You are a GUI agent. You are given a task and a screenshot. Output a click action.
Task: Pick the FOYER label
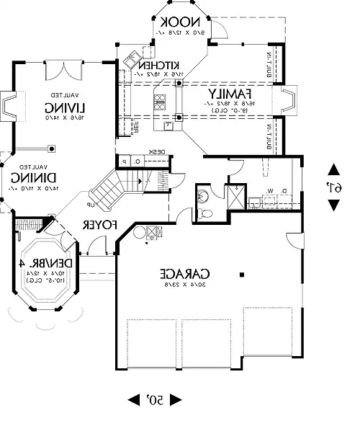tap(99, 225)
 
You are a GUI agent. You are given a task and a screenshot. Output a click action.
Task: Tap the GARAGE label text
tap(185, 274)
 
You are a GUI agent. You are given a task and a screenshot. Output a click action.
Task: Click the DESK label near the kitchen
tap(157, 151)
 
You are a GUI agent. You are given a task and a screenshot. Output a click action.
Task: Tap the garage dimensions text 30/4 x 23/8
tap(185, 286)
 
